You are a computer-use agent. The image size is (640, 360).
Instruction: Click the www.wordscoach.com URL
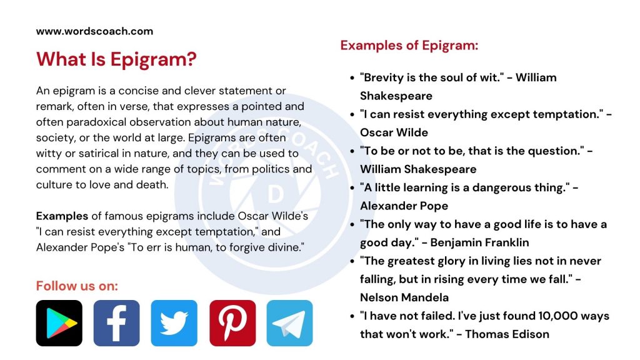(94, 31)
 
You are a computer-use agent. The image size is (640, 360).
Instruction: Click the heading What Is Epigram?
(116, 60)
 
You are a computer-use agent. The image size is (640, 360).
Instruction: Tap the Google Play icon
(59, 323)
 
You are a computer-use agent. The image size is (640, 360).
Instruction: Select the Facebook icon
(116, 323)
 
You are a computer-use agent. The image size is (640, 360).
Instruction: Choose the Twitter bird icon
(174, 323)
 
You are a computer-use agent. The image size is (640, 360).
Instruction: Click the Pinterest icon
(232, 323)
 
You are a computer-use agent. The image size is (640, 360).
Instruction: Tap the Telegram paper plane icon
(289, 323)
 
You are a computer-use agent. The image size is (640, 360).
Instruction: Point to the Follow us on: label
(77, 286)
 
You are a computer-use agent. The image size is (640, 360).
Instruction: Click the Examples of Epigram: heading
(409, 46)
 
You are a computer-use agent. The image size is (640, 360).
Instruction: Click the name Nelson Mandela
(404, 297)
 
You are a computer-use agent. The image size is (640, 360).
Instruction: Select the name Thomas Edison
(507, 334)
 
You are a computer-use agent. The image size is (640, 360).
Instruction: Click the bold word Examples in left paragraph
(62, 216)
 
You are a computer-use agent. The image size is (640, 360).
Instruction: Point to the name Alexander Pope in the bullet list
(404, 206)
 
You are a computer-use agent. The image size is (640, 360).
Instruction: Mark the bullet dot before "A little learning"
(352, 188)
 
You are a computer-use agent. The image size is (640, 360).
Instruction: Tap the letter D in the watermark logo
(275, 196)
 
